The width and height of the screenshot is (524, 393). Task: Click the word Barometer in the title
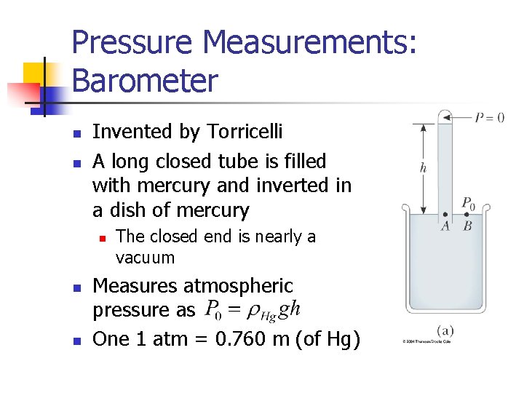click(x=145, y=80)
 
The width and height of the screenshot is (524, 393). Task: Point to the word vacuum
click(x=146, y=258)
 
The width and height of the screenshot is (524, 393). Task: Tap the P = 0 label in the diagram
click(x=489, y=118)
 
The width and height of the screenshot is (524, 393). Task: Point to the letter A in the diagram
click(x=445, y=226)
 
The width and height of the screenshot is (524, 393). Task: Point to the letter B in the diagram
click(x=467, y=226)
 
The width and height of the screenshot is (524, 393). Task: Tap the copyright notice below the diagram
click(x=426, y=341)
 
